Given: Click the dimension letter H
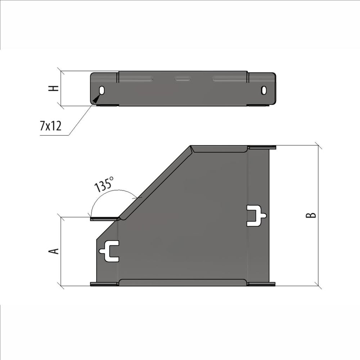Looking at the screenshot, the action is click(54, 89).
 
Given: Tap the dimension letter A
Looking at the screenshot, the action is click(54, 251).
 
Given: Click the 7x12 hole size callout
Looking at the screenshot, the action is click(51, 126).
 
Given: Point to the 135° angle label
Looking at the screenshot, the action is click(104, 184).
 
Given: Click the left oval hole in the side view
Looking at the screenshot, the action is click(102, 90).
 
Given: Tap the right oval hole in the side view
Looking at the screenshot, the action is click(264, 90).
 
